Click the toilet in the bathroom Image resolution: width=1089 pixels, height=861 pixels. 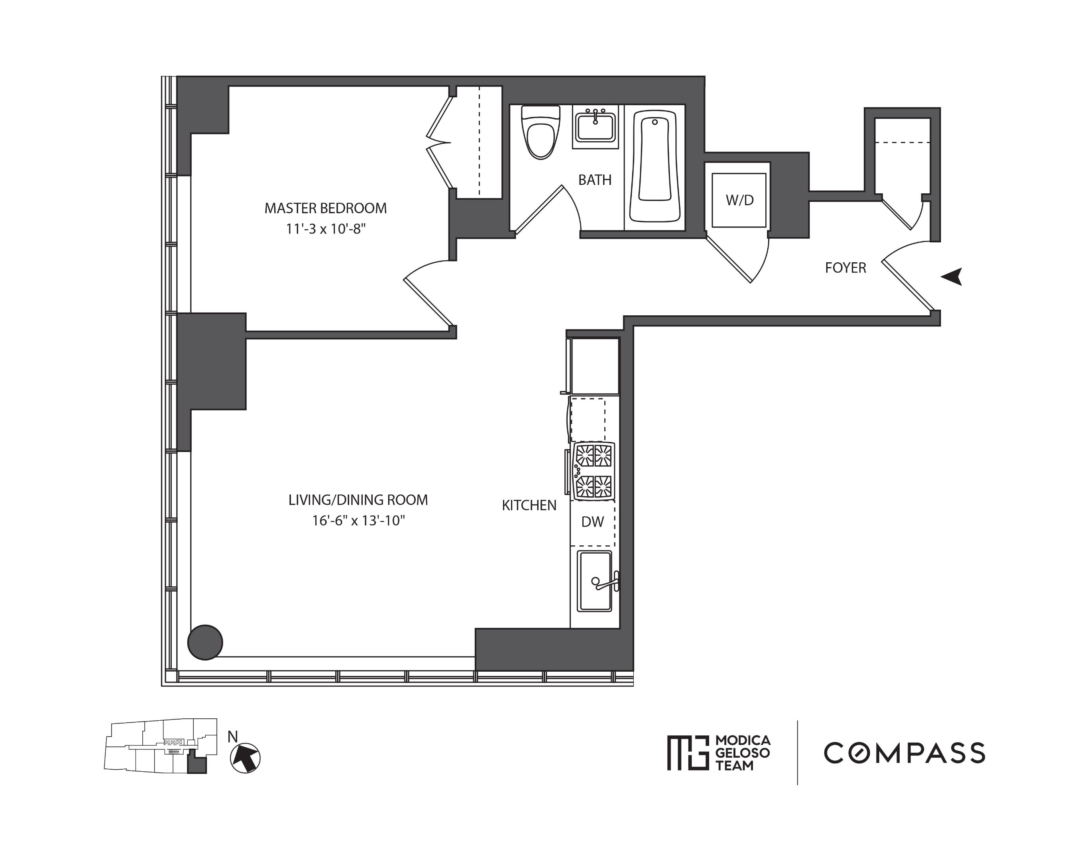pyautogui.click(x=541, y=134)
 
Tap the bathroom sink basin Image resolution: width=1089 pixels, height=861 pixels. pyautogui.click(x=596, y=128)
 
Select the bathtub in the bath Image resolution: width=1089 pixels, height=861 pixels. pyautogui.click(x=655, y=166)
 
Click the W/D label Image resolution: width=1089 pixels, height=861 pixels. pyautogui.click(x=739, y=200)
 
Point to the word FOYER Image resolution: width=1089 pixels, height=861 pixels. pyautogui.click(x=845, y=268)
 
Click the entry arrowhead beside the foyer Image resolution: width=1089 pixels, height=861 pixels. pyautogui.click(x=952, y=276)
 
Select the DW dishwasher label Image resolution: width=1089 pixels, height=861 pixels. pyautogui.click(x=592, y=522)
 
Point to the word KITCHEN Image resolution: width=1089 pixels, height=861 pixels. pyautogui.click(x=529, y=505)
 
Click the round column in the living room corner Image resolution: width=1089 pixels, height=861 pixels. pyautogui.click(x=205, y=642)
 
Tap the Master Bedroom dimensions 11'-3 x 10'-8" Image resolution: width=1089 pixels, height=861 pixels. pyautogui.click(x=325, y=229)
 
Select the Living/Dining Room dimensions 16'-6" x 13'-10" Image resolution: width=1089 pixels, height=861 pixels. pyautogui.click(x=358, y=521)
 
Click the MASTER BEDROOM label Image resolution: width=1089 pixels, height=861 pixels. pyautogui.click(x=325, y=208)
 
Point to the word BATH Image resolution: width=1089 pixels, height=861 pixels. pyautogui.click(x=594, y=180)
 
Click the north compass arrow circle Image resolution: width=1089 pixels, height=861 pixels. pyautogui.click(x=245, y=758)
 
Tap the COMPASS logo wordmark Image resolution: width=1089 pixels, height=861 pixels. pyautogui.click(x=904, y=753)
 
